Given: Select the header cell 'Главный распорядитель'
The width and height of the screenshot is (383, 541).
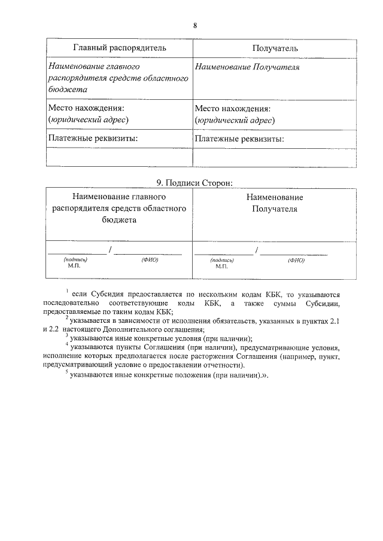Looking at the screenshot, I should [120, 47].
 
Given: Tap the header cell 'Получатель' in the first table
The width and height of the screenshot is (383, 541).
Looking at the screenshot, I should [275, 47].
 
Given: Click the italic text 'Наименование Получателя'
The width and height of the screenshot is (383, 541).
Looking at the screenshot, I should [247, 67].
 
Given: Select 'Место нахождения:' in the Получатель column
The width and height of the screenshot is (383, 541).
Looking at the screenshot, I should [233, 109].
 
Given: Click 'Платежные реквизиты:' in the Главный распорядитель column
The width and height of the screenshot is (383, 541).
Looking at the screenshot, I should [93, 139].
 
